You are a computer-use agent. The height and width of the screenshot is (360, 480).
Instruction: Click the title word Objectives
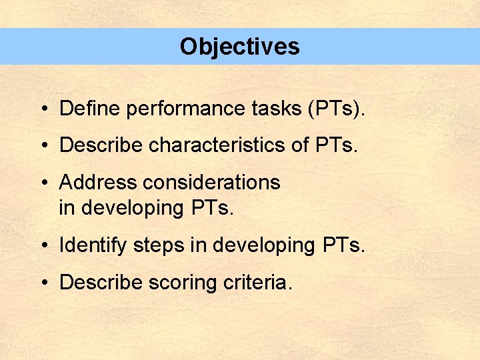pos(239,47)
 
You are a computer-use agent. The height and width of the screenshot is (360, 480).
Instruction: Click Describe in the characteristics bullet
pos(101,145)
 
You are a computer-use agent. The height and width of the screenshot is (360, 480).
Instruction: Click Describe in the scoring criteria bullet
pos(101,282)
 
